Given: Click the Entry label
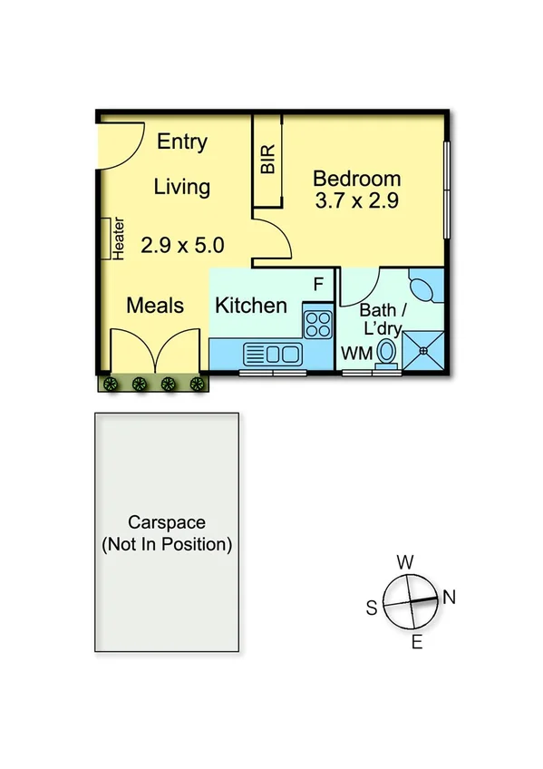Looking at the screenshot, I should pos(182,141).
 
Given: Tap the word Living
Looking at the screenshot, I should pos(181,187).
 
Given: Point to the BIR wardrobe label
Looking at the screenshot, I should pos(267,161).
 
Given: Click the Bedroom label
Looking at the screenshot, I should pos(356,178).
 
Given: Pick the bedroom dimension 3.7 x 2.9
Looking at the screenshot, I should pos(356,200).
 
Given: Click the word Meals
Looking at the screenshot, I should pos(155,305).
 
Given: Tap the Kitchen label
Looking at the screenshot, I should pos(251,305).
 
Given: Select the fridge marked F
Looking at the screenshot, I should pos(318,285).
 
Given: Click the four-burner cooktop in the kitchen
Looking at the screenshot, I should pos(317,323).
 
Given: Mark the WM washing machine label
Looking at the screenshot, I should pos(355,354).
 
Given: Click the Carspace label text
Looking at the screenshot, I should pos(166,522).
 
